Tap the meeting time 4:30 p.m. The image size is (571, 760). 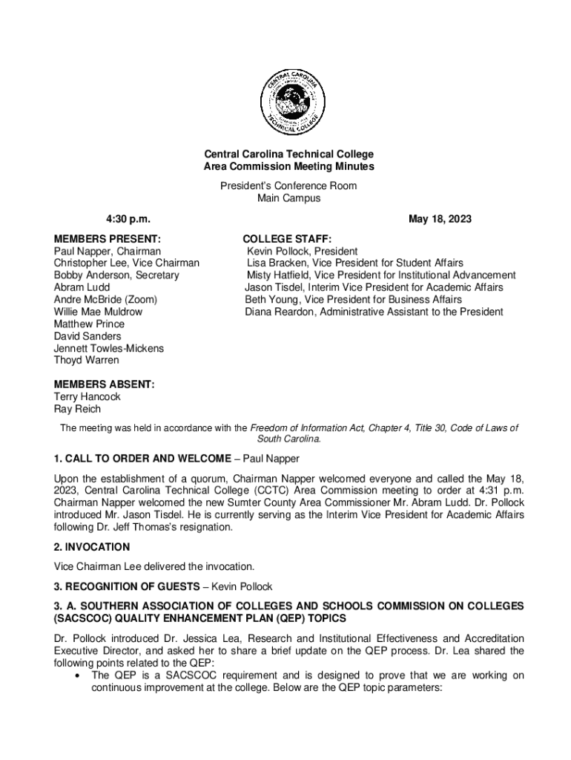125,219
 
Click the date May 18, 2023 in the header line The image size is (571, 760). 440,219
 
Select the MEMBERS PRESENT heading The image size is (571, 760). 107,239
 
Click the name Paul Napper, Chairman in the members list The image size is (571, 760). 108,252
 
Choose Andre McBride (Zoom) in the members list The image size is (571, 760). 105,300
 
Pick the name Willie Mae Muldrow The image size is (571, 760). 98,312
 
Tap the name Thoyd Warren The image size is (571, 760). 87,360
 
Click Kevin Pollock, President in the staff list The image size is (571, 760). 302,252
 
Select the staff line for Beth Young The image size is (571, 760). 354,300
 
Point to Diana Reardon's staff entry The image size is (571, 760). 374,312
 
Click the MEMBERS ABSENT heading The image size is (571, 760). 104,384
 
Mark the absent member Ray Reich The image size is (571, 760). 77,409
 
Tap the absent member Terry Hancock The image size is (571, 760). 87,396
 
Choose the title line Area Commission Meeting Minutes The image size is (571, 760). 289,167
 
